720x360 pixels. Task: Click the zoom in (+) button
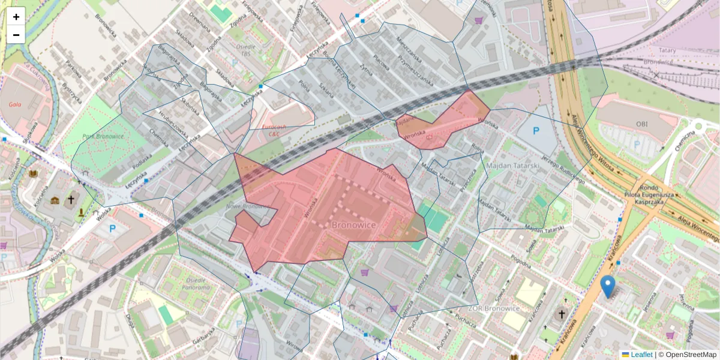(16, 17)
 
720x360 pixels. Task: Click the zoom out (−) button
(16, 35)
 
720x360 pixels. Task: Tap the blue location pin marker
(608, 286)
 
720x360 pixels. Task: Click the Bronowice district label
(353, 224)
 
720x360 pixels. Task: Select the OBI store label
(646, 123)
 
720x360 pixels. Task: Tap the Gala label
(15, 104)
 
